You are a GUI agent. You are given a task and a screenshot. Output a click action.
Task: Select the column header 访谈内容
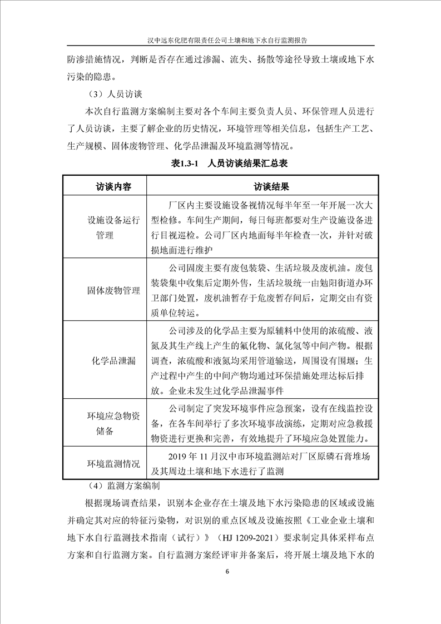coord(106,186)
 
